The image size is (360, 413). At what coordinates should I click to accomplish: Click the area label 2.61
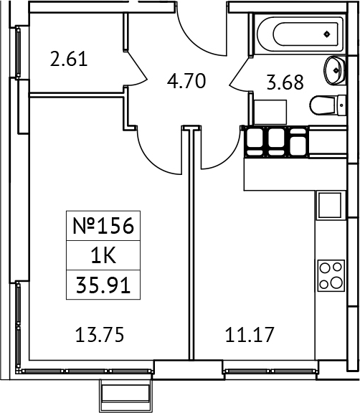[x=70, y=59]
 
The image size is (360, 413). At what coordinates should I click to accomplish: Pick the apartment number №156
[x=104, y=227]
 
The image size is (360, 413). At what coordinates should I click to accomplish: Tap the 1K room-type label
[x=103, y=257]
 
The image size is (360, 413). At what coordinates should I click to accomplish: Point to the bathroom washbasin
[x=334, y=69]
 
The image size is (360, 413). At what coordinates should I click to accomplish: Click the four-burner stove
[x=331, y=275]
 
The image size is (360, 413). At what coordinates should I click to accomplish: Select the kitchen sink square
[x=331, y=206]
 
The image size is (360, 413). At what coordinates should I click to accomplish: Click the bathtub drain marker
[x=327, y=33]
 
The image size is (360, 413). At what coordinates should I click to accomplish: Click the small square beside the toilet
[x=271, y=111]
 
